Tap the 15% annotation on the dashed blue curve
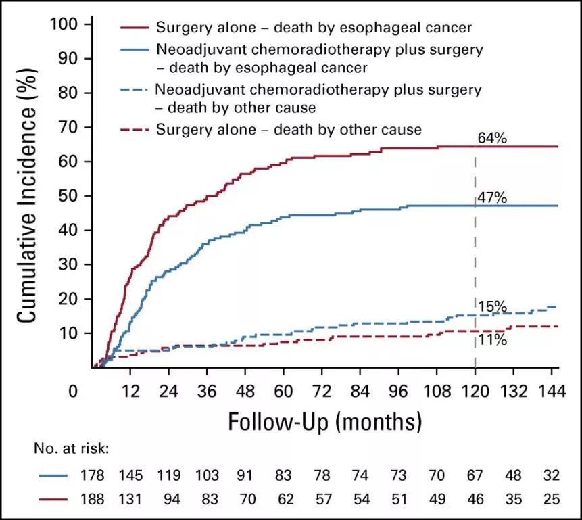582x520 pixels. (x=492, y=306)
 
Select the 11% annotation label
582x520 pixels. (x=492, y=340)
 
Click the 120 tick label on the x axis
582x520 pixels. (x=475, y=392)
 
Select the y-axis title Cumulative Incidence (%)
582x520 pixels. (x=28, y=196)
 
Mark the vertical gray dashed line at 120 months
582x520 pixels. (x=475, y=257)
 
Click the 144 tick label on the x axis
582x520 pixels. (x=551, y=392)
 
